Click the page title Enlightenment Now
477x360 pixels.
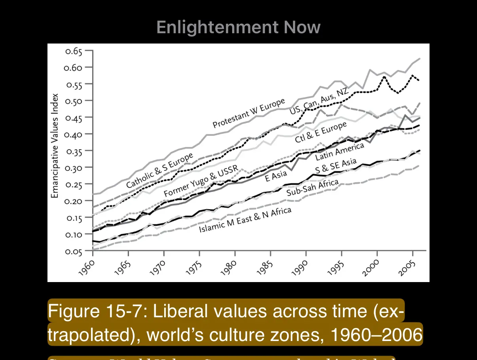tap(238, 27)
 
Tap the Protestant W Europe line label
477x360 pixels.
tap(248, 114)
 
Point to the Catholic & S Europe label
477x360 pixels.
tap(160, 171)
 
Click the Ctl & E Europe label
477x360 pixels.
tap(321, 133)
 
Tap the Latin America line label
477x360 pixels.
tap(339, 152)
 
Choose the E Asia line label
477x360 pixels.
tap(276, 176)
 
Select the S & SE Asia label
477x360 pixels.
tap(336, 166)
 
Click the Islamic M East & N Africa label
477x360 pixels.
tap(245, 220)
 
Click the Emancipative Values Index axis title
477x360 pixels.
tap(55, 146)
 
